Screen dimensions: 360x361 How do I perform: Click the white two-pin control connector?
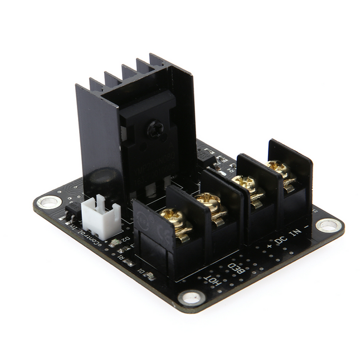coord(101,215)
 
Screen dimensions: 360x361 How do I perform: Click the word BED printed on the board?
coord(237,269)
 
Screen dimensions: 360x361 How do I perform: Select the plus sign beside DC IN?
coord(270,244)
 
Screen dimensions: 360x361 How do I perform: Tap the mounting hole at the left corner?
coord(47,201)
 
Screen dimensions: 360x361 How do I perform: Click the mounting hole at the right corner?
coord(329,225)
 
